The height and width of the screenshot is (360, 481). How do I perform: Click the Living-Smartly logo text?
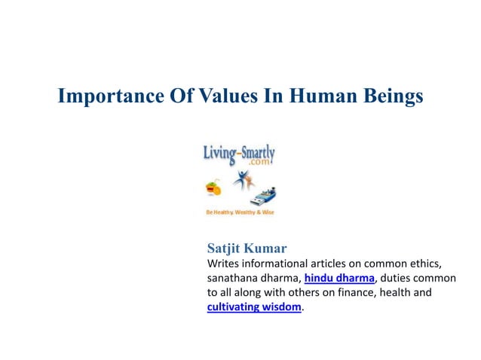[239, 153]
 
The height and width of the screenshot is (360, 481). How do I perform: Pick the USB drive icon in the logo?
[268, 197]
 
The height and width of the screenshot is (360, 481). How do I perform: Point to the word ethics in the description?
[422, 264]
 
